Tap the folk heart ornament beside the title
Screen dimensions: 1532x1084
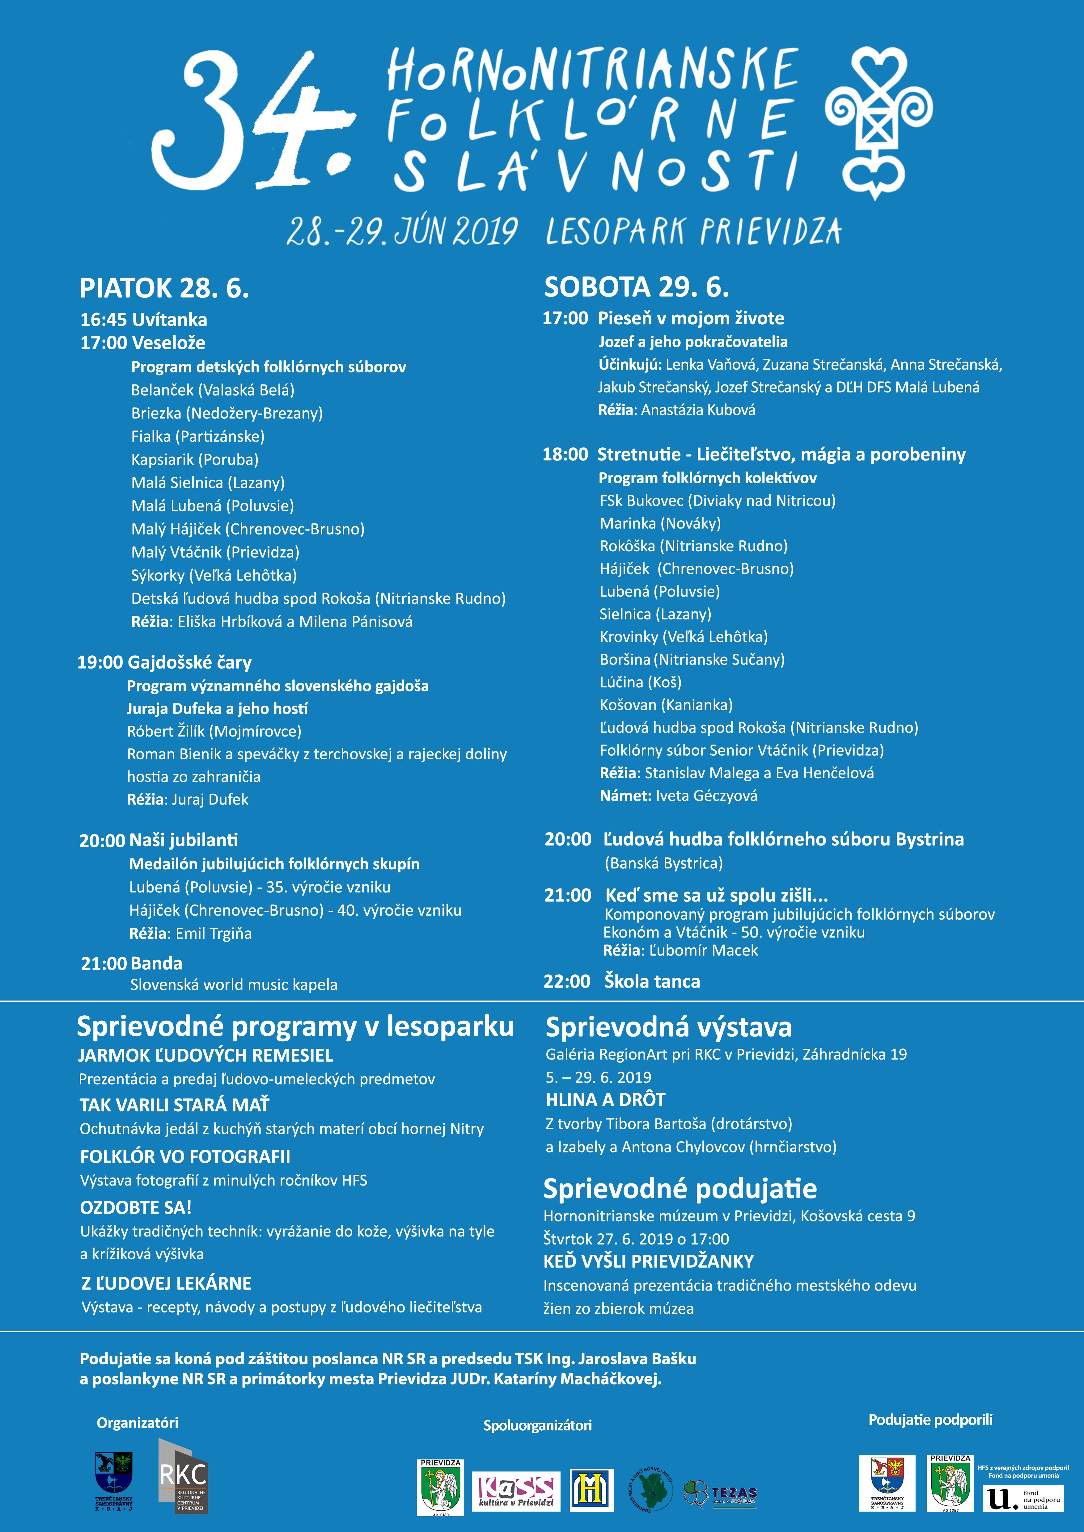click(879, 124)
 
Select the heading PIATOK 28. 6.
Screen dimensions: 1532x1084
click(164, 288)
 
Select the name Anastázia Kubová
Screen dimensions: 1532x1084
click(698, 410)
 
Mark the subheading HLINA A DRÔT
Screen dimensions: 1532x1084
click(605, 1100)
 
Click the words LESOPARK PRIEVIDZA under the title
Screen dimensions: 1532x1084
click(693, 232)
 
